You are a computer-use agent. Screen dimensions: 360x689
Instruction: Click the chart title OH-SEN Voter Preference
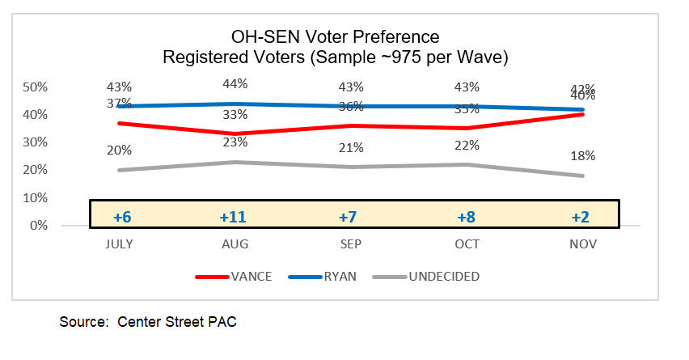(335, 37)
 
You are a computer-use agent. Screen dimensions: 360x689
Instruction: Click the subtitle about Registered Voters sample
(335, 58)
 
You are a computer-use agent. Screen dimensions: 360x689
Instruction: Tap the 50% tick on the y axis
(36, 87)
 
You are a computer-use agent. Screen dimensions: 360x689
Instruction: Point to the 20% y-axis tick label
(36, 170)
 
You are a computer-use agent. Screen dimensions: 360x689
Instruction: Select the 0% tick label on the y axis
(39, 225)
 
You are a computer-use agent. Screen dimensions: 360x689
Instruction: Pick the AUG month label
(235, 244)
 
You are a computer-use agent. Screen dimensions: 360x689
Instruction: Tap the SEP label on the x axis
(351, 244)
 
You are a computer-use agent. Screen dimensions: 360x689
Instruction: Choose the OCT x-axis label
(467, 244)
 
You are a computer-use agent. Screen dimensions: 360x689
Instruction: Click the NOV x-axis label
(582, 244)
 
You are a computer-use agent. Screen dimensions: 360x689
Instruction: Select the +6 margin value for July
(123, 218)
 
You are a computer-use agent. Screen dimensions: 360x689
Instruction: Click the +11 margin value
(235, 218)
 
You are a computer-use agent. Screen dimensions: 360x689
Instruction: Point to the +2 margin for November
(582, 218)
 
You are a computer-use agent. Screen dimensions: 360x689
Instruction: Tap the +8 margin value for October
(467, 218)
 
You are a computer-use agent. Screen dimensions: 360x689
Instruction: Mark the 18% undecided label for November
(582, 155)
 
